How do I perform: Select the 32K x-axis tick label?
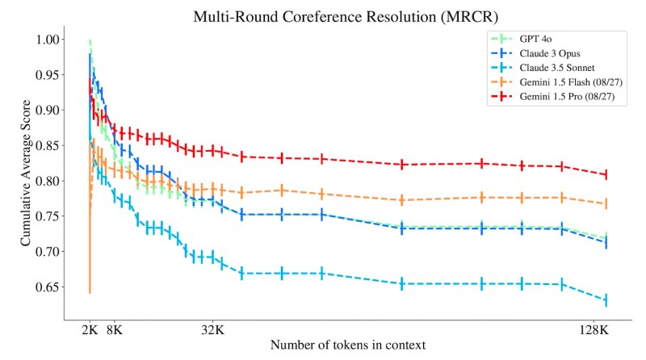(x=213, y=329)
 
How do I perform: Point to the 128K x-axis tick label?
(x=594, y=329)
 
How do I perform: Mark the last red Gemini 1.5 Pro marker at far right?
(x=606, y=174)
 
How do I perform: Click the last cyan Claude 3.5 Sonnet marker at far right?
(x=606, y=300)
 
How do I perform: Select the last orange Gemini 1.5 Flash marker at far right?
(x=606, y=204)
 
